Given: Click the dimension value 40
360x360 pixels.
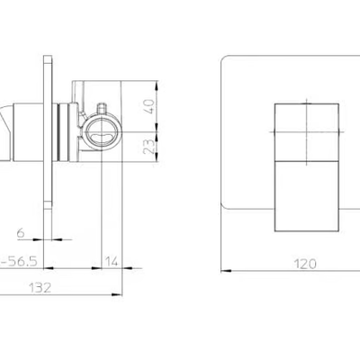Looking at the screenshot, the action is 150,106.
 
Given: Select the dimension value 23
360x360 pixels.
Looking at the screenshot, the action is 150,147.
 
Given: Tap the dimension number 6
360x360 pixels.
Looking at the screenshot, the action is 21,232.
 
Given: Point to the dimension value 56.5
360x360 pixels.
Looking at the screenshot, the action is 22,262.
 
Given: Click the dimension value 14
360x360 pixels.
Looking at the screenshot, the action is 112,262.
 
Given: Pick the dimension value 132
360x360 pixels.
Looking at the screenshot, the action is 40,288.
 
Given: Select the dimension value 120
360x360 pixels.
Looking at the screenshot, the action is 305,264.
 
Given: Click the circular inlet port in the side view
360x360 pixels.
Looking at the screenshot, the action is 103,132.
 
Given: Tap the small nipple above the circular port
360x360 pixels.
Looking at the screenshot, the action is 102,108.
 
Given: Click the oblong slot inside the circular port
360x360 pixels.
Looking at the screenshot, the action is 103,138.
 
